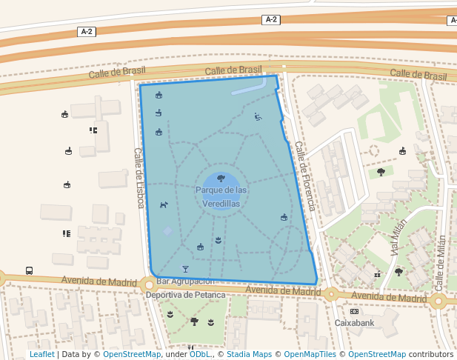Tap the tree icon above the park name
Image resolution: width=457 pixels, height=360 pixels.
coord(221,178)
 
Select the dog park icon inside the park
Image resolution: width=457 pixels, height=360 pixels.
coord(164,204)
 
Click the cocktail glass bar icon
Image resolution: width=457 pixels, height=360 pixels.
coord(185,269)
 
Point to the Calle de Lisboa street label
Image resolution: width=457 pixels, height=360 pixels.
coord(139,178)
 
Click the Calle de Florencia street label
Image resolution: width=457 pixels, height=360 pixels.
coord(305,176)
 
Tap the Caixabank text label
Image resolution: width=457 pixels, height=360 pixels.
coord(355,323)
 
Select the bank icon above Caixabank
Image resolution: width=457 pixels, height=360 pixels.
coord(354,311)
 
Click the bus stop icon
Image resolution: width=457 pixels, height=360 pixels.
coord(29,270)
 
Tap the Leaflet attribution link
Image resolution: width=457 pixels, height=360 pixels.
coord(41,355)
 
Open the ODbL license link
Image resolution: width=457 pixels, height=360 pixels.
coord(199,355)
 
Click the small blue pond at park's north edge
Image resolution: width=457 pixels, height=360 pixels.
coord(248,87)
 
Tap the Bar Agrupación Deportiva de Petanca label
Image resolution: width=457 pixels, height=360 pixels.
coord(185,288)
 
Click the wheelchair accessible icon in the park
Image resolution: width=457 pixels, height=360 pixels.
coord(257,116)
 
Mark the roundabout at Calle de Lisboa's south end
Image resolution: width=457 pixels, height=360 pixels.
coord(149,284)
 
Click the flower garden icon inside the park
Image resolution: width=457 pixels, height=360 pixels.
coord(218,239)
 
